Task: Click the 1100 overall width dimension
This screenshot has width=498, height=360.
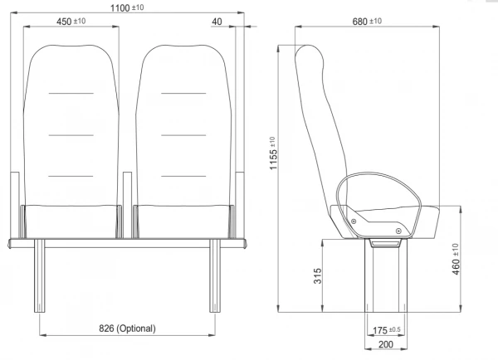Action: point(127,7)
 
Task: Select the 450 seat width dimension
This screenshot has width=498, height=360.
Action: point(71,22)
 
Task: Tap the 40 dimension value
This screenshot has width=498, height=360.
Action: point(217,22)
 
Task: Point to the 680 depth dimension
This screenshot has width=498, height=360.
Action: point(367,22)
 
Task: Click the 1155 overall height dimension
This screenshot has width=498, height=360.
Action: point(273,153)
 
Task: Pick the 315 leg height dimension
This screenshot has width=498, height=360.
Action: point(318,276)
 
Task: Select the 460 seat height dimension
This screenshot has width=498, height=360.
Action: point(455,259)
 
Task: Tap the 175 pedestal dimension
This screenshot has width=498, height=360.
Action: point(386,330)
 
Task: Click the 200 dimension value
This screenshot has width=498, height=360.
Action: point(386,344)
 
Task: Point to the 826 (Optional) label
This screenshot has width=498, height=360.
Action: point(127,328)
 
